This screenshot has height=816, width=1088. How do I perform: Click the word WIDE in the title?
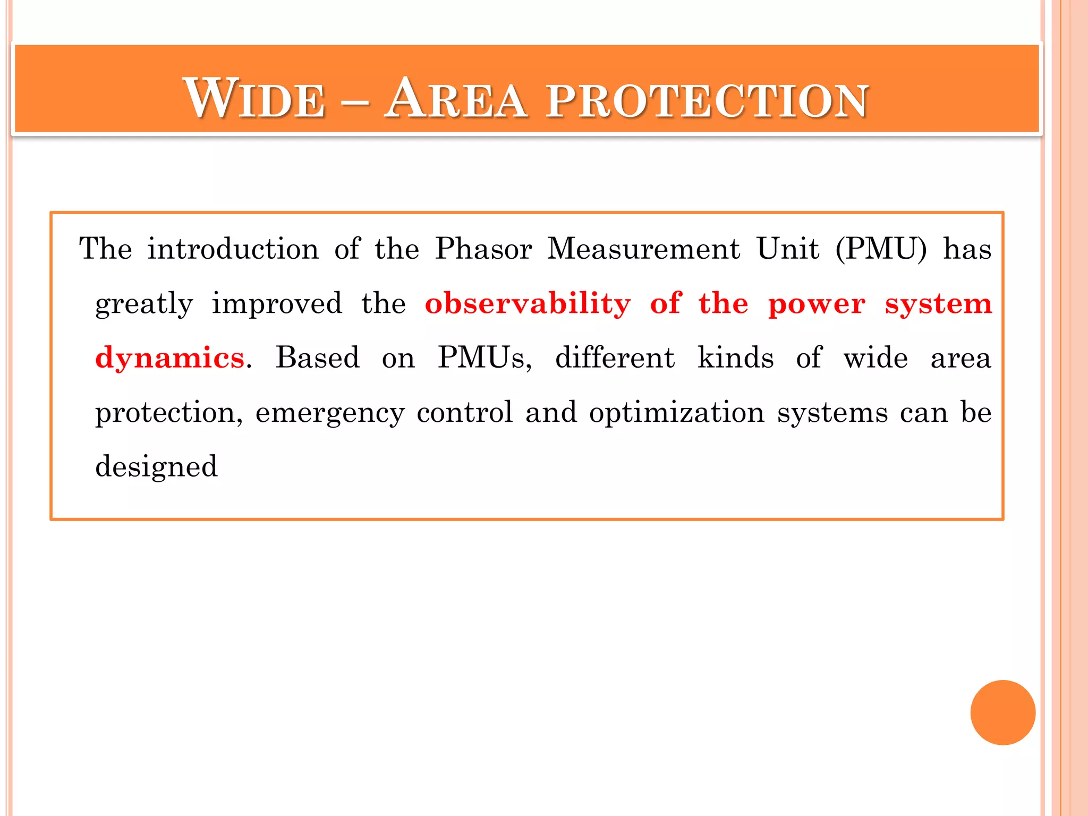(254, 98)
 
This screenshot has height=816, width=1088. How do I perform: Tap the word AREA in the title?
(456, 98)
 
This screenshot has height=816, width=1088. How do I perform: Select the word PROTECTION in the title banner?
(707, 100)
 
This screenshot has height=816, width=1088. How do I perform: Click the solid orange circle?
(1002, 712)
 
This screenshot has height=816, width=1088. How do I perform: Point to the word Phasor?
(483, 249)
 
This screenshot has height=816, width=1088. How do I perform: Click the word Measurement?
(643, 249)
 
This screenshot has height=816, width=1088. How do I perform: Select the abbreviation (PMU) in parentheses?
(881, 249)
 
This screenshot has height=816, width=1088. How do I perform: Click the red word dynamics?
(170, 358)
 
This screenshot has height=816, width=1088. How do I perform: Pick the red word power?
(817, 305)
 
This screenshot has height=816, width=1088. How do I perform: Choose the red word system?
(938, 305)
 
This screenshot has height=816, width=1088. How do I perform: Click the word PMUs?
(484, 358)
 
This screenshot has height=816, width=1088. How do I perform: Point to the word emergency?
(330, 413)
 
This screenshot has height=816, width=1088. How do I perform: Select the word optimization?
(677, 413)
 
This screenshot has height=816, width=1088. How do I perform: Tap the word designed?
(156, 467)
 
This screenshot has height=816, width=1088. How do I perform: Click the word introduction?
(233, 249)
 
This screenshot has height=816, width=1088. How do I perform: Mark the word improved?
(277, 304)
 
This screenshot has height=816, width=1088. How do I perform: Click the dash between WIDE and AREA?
(354, 100)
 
